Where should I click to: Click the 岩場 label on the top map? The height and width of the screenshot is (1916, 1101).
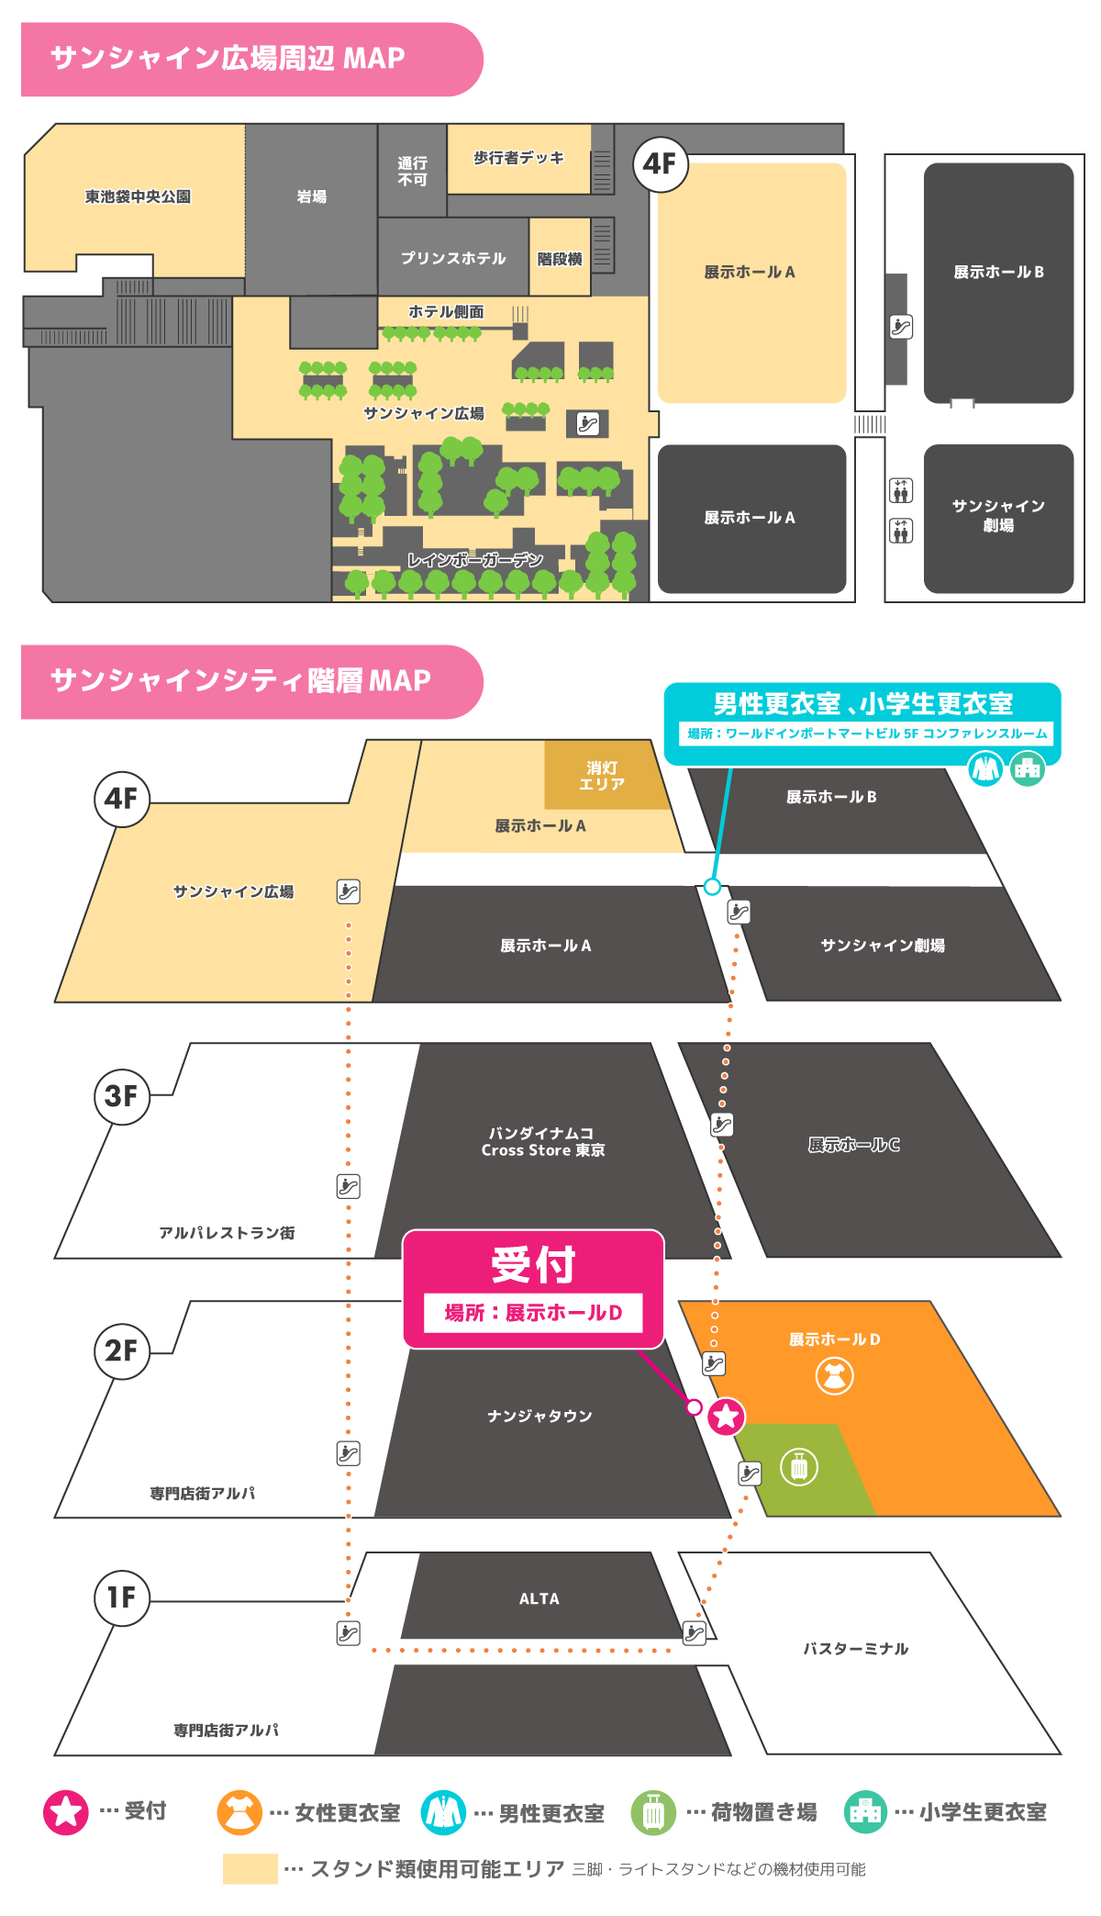pyautogui.click(x=312, y=196)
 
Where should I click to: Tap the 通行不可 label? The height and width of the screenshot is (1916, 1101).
pyautogui.click(x=412, y=171)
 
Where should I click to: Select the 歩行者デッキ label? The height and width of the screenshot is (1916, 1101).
pyautogui.click(x=518, y=158)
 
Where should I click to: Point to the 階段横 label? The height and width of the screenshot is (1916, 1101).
pyautogui.click(x=560, y=259)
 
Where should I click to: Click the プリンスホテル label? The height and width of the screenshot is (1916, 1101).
pyautogui.click(x=453, y=258)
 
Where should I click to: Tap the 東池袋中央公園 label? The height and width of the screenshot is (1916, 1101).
pyautogui.click(x=138, y=196)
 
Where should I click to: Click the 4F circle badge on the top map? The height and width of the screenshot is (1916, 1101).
pyautogui.click(x=660, y=164)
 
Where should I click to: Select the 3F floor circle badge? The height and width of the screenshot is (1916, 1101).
pyautogui.click(x=121, y=1095)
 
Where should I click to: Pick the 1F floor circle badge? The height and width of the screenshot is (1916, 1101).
pyautogui.click(x=121, y=1597)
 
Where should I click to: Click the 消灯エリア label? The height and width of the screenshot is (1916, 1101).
pyautogui.click(x=602, y=776)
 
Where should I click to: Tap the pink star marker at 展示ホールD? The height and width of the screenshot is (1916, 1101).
pyautogui.click(x=726, y=1416)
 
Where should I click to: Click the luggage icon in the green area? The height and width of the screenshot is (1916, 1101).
pyautogui.click(x=799, y=1467)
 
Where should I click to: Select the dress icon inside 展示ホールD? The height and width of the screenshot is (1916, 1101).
pyautogui.click(x=834, y=1375)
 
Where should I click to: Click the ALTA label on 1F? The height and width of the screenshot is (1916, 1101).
pyautogui.click(x=539, y=1599)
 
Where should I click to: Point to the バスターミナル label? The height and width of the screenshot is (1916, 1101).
pyautogui.click(x=855, y=1649)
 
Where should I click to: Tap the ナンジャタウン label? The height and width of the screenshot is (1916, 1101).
pyautogui.click(x=539, y=1417)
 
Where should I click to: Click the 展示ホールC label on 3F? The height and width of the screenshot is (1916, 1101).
pyautogui.click(x=853, y=1145)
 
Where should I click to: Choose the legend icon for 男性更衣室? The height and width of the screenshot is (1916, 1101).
pyautogui.click(x=443, y=1812)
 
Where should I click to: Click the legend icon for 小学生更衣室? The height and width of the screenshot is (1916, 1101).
pyautogui.click(x=865, y=1812)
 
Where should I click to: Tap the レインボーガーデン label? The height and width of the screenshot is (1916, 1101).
pyautogui.click(x=474, y=560)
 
